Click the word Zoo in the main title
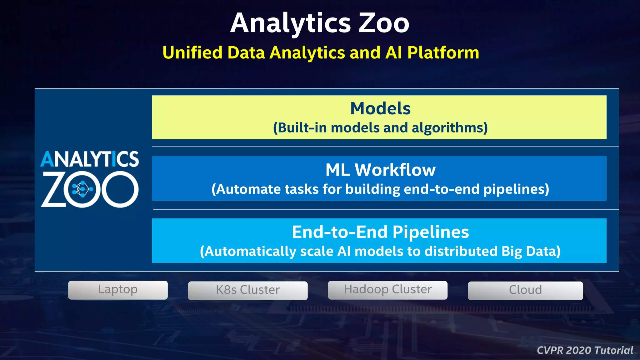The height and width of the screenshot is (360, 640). click(383, 23)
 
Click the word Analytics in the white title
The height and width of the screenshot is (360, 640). click(291, 23)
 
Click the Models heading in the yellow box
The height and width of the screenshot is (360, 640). click(380, 108)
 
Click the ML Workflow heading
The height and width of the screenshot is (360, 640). click(380, 170)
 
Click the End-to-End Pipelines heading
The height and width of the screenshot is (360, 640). click(380, 232)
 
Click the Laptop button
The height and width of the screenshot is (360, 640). click(118, 290)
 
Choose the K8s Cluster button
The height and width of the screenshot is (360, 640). click(247, 290)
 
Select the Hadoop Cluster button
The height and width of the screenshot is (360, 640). click(387, 290)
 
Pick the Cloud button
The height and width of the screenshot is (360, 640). click(525, 290)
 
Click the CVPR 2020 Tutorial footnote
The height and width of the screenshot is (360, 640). click(585, 350)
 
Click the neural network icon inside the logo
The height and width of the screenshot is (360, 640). click(82, 189)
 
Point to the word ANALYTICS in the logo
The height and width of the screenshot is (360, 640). click(90, 159)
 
